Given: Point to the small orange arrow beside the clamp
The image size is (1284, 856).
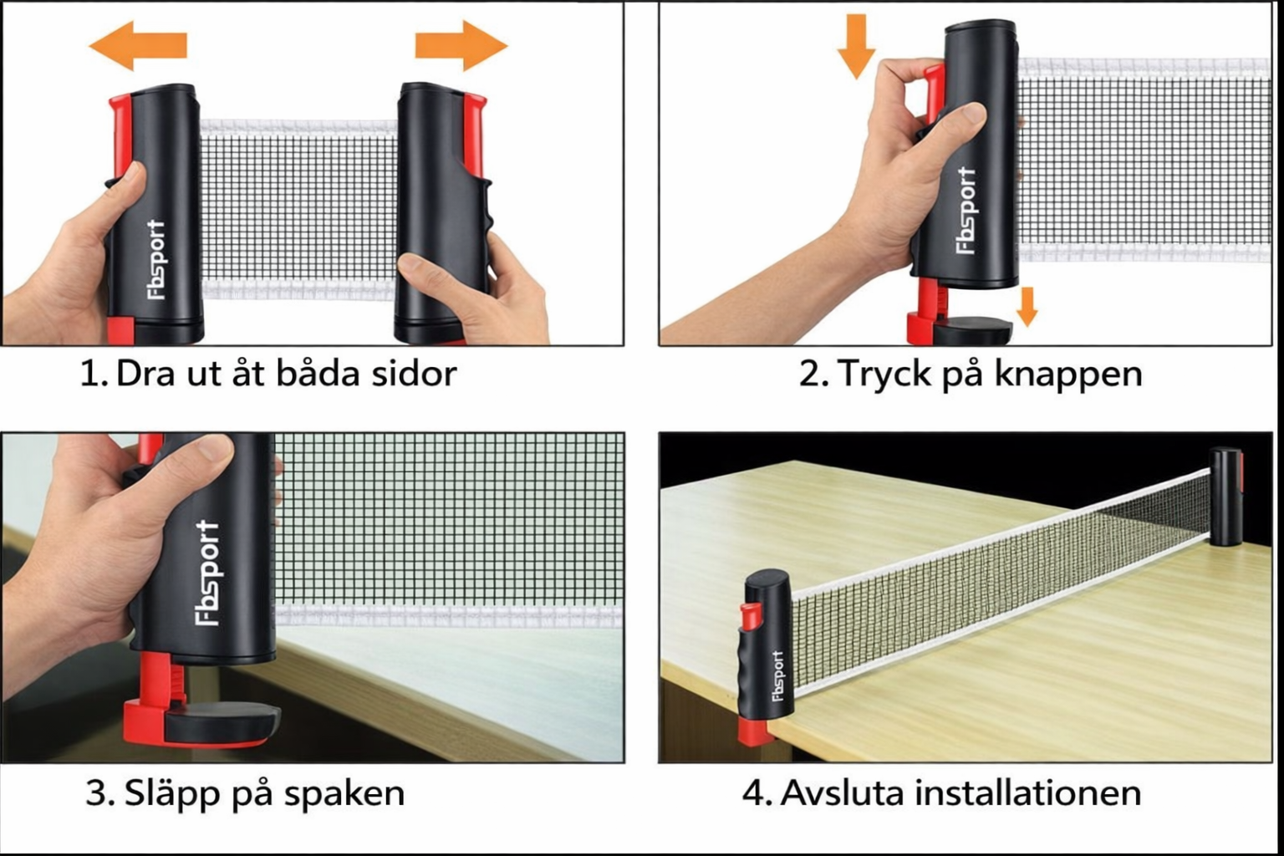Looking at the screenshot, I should [x=1027, y=307].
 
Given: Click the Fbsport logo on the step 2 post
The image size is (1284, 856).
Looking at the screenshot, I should [x=966, y=209].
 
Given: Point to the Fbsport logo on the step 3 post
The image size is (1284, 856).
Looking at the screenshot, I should [x=207, y=573].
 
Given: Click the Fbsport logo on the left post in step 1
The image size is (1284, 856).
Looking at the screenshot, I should [x=156, y=259].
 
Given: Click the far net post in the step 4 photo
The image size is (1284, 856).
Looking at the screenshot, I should [x=1226, y=497].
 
